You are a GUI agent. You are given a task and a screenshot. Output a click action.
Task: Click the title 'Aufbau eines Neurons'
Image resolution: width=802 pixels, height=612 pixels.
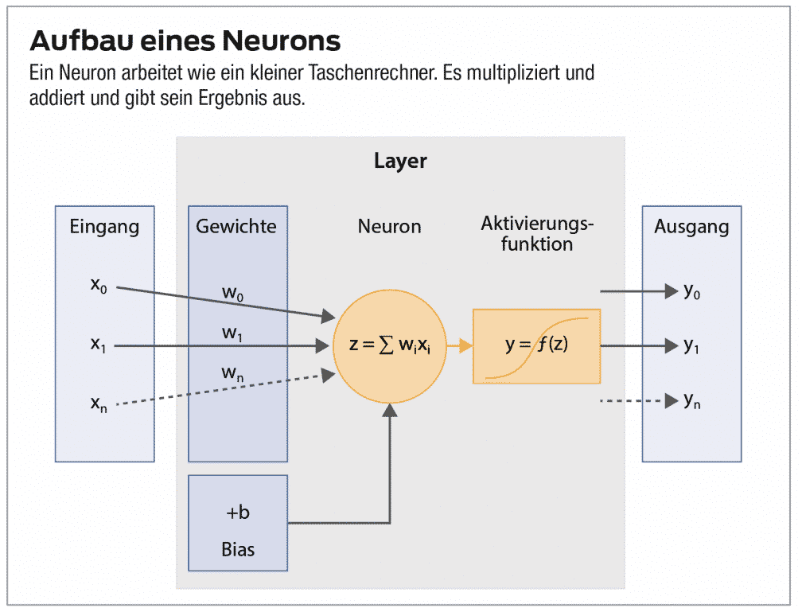pyautogui.click(x=185, y=41)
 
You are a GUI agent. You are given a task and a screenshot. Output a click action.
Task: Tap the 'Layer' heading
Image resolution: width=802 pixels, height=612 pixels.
pyautogui.click(x=400, y=162)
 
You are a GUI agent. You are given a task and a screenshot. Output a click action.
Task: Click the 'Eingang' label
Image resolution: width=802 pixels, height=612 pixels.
pyautogui.click(x=104, y=227)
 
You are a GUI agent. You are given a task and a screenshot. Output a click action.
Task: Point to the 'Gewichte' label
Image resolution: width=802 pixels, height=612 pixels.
pyautogui.click(x=236, y=227)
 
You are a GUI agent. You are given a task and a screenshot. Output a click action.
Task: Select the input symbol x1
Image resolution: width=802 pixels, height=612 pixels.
pyautogui.click(x=99, y=345)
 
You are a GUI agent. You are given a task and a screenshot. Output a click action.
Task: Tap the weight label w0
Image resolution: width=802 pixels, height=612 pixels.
pyautogui.click(x=232, y=294)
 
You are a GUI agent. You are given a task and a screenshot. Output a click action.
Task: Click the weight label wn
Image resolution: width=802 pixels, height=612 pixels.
pyautogui.click(x=232, y=372)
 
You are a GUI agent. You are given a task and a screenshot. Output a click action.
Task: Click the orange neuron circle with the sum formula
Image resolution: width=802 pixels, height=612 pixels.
pyautogui.click(x=389, y=346)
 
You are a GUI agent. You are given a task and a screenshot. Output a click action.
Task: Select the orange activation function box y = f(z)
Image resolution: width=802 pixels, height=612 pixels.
pyautogui.click(x=536, y=346)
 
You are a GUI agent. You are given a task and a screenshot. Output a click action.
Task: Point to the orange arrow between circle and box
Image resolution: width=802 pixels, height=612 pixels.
pyautogui.click(x=459, y=346)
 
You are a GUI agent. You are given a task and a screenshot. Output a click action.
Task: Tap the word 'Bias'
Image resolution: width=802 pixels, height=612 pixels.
pyautogui.click(x=238, y=549)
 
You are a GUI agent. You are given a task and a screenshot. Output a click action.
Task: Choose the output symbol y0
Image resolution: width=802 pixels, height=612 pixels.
pyautogui.click(x=692, y=291)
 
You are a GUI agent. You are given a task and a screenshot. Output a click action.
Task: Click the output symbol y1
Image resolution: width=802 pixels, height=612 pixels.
pyautogui.click(x=692, y=346)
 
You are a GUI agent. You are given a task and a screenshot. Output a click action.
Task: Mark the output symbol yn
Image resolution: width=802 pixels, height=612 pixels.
pyautogui.click(x=692, y=401)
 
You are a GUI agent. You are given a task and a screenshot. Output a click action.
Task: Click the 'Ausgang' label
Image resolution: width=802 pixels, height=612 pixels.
pyautogui.click(x=691, y=227)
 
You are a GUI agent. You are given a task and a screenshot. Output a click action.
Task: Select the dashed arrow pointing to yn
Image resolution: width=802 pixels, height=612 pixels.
pyautogui.click(x=637, y=401)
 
